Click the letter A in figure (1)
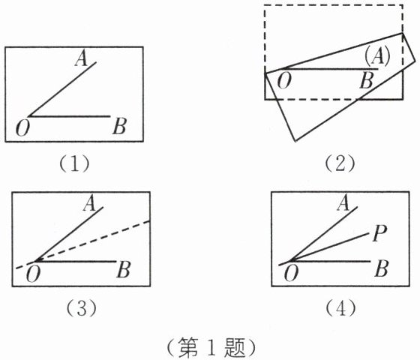[x=82, y=58]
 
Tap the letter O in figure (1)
[x=22, y=128]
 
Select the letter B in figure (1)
[x=119, y=127]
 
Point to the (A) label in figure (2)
[x=377, y=57]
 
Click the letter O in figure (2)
[x=284, y=81]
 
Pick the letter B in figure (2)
[x=367, y=81]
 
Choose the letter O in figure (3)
[x=33, y=274]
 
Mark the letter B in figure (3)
[x=124, y=270]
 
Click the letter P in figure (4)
[x=379, y=233]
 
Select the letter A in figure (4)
[x=343, y=202]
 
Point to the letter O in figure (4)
[x=291, y=274]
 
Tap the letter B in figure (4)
[x=382, y=269]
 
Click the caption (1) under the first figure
[x=74, y=164]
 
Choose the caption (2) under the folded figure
[x=340, y=164]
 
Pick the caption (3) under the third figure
[x=82, y=308]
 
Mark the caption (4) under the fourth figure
[x=340, y=308]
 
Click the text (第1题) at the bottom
[x=211, y=348]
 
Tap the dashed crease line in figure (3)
[x=82, y=244]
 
